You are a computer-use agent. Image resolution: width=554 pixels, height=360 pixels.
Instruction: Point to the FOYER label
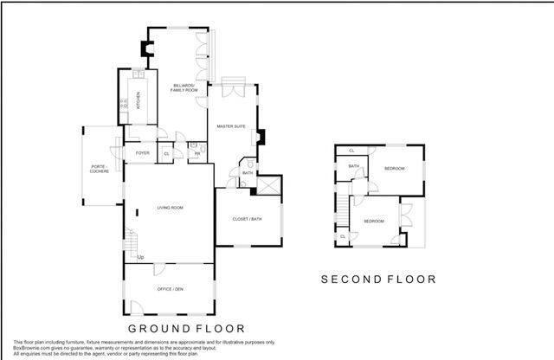tap(142, 153)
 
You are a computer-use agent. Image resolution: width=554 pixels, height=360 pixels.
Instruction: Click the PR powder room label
tap(197, 153)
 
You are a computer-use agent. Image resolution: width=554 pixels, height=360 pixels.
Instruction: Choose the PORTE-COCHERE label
tap(100, 169)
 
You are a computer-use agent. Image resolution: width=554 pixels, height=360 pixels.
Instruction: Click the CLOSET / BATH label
tap(248, 219)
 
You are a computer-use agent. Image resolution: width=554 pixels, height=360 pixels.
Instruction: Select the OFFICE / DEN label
tap(170, 287)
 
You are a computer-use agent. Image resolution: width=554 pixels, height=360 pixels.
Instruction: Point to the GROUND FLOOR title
tap(186, 329)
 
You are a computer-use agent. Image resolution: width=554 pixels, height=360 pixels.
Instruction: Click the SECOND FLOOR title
tap(378, 279)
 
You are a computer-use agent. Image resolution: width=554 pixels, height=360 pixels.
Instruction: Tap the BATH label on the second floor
tap(353, 166)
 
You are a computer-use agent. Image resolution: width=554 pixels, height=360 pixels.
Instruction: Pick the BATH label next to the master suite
tap(248, 172)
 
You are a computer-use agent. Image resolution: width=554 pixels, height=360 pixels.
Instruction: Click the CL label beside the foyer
tap(166, 153)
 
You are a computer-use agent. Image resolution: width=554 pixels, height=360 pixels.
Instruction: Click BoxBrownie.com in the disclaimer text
tap(32, 347)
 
